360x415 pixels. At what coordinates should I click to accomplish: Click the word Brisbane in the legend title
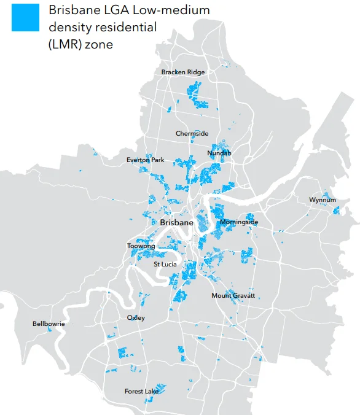point(72,10)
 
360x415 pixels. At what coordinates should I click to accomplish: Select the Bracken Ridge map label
point(183,72)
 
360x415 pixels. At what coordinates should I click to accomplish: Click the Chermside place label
point(192,133)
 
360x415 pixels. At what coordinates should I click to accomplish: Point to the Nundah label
point(219,153)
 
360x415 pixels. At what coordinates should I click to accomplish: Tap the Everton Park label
point(146,160)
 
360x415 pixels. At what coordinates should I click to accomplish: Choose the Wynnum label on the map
point(322,200)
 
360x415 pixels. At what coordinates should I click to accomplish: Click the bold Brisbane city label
point(177,223)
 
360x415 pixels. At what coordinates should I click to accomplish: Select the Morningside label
point(238,222)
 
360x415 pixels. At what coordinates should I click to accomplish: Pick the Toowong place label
point(141,246)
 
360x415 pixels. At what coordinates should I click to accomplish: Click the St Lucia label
point(165,264)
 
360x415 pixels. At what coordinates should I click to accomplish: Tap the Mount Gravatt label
point(233,296)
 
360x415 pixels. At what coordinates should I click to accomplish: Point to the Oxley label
point(136,318)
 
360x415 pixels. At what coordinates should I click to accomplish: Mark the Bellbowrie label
point(49,324)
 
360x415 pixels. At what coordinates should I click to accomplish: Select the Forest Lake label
point(142,391)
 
